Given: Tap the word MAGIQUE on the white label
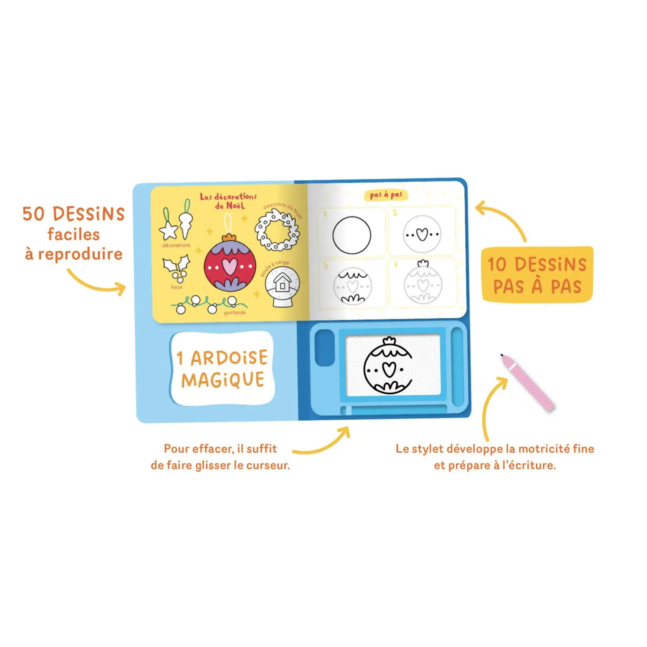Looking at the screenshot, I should pos(223,380).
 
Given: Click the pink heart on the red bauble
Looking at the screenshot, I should pos(230,266).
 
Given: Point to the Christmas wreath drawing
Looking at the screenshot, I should pos(277,230).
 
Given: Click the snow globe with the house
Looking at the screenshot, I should pos(282,287).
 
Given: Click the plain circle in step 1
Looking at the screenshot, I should pos(352,235).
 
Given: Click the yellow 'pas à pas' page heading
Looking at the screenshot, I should pos(386,195).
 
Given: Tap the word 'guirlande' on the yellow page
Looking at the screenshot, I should pos(235,313).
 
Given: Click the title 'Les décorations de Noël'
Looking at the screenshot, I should pos(228,201).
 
